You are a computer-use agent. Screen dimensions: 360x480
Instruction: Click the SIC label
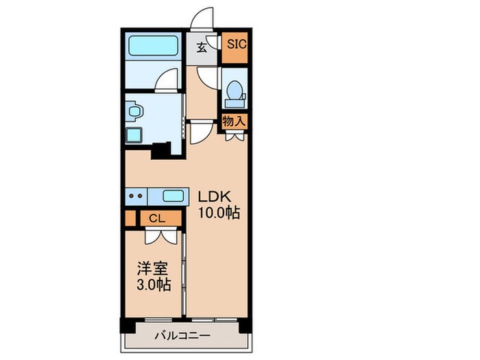pyautogui.click(x=237, y=47)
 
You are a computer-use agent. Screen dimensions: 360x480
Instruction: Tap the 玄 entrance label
pyautogui.click(x=202, y=47)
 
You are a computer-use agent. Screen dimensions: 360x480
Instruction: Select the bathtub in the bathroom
pyautogui.click(x=154, y=49)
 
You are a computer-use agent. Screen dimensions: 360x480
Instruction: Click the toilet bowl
pyautogui.click(x=235, y=90)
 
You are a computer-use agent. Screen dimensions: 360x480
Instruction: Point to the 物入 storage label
pyautogui.click(x=234, y=122)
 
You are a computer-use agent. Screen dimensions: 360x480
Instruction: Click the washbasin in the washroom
pyautogui.click(x=133, y=110)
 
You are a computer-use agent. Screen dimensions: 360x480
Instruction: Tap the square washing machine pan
pyautogui.click(x=134, y=134)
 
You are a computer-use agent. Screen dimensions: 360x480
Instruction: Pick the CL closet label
pyautogui.click(x=156, y=219)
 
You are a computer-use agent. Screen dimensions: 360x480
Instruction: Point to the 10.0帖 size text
pyautogui.click(x=219, y=213)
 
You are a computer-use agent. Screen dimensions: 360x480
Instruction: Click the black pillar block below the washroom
pyautogui.click(x=161, y=149)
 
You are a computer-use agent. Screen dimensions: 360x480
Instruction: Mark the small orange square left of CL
pyautogui.click(x=130, y=219)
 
